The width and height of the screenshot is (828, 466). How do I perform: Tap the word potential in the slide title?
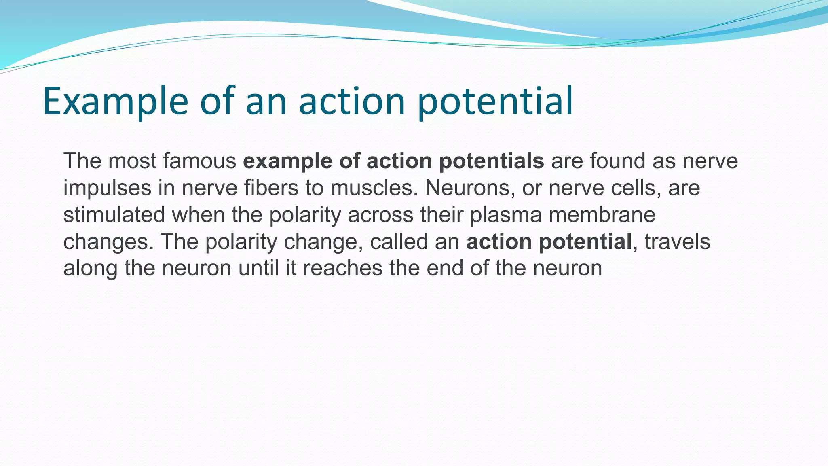point(495,101)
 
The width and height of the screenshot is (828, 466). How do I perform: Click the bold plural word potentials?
point(491,161)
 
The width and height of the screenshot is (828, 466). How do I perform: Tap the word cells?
point(636,188)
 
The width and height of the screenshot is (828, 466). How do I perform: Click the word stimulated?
point(114,215)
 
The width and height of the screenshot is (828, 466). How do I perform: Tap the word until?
point(258,268)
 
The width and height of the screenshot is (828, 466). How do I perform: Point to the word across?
point(380,215)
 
